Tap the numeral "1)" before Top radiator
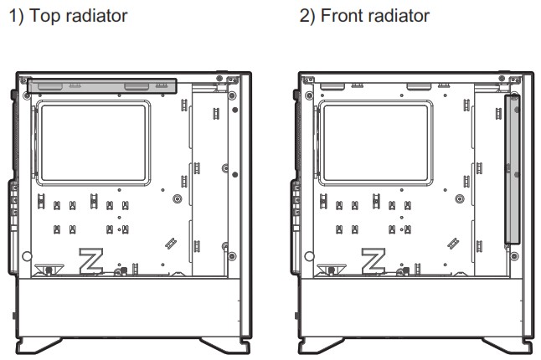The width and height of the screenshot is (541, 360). [x=14, y=17]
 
